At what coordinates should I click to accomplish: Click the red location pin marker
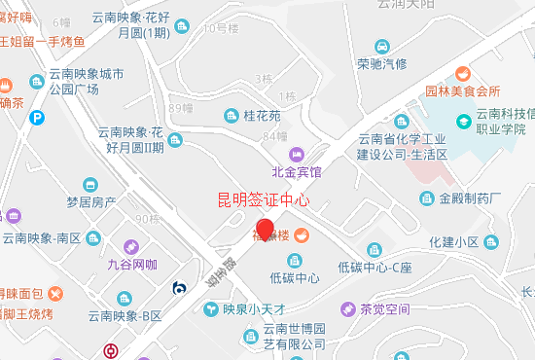[x=251, y=231]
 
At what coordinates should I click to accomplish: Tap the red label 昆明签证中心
[x=263, y=201]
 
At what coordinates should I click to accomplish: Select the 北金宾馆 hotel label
[x=297, y=172]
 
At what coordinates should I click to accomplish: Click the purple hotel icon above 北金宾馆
[x=297, y=154]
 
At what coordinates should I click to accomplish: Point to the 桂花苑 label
[x=262, y=116]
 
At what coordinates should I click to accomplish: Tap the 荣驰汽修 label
[x=382, y=64]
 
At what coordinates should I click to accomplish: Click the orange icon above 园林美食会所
[x=462, y=73]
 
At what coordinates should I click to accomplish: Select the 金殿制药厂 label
[x=470, y=198]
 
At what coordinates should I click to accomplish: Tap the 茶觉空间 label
[x=385, y=309]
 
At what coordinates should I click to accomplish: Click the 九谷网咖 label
[x=132, y=264]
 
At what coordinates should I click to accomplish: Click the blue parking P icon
[x=37, y=118]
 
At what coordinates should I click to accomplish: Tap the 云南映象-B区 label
[x=125, y=315]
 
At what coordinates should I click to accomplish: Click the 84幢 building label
[x=275, y=136]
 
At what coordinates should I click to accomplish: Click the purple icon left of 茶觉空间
[x=347, y=309]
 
